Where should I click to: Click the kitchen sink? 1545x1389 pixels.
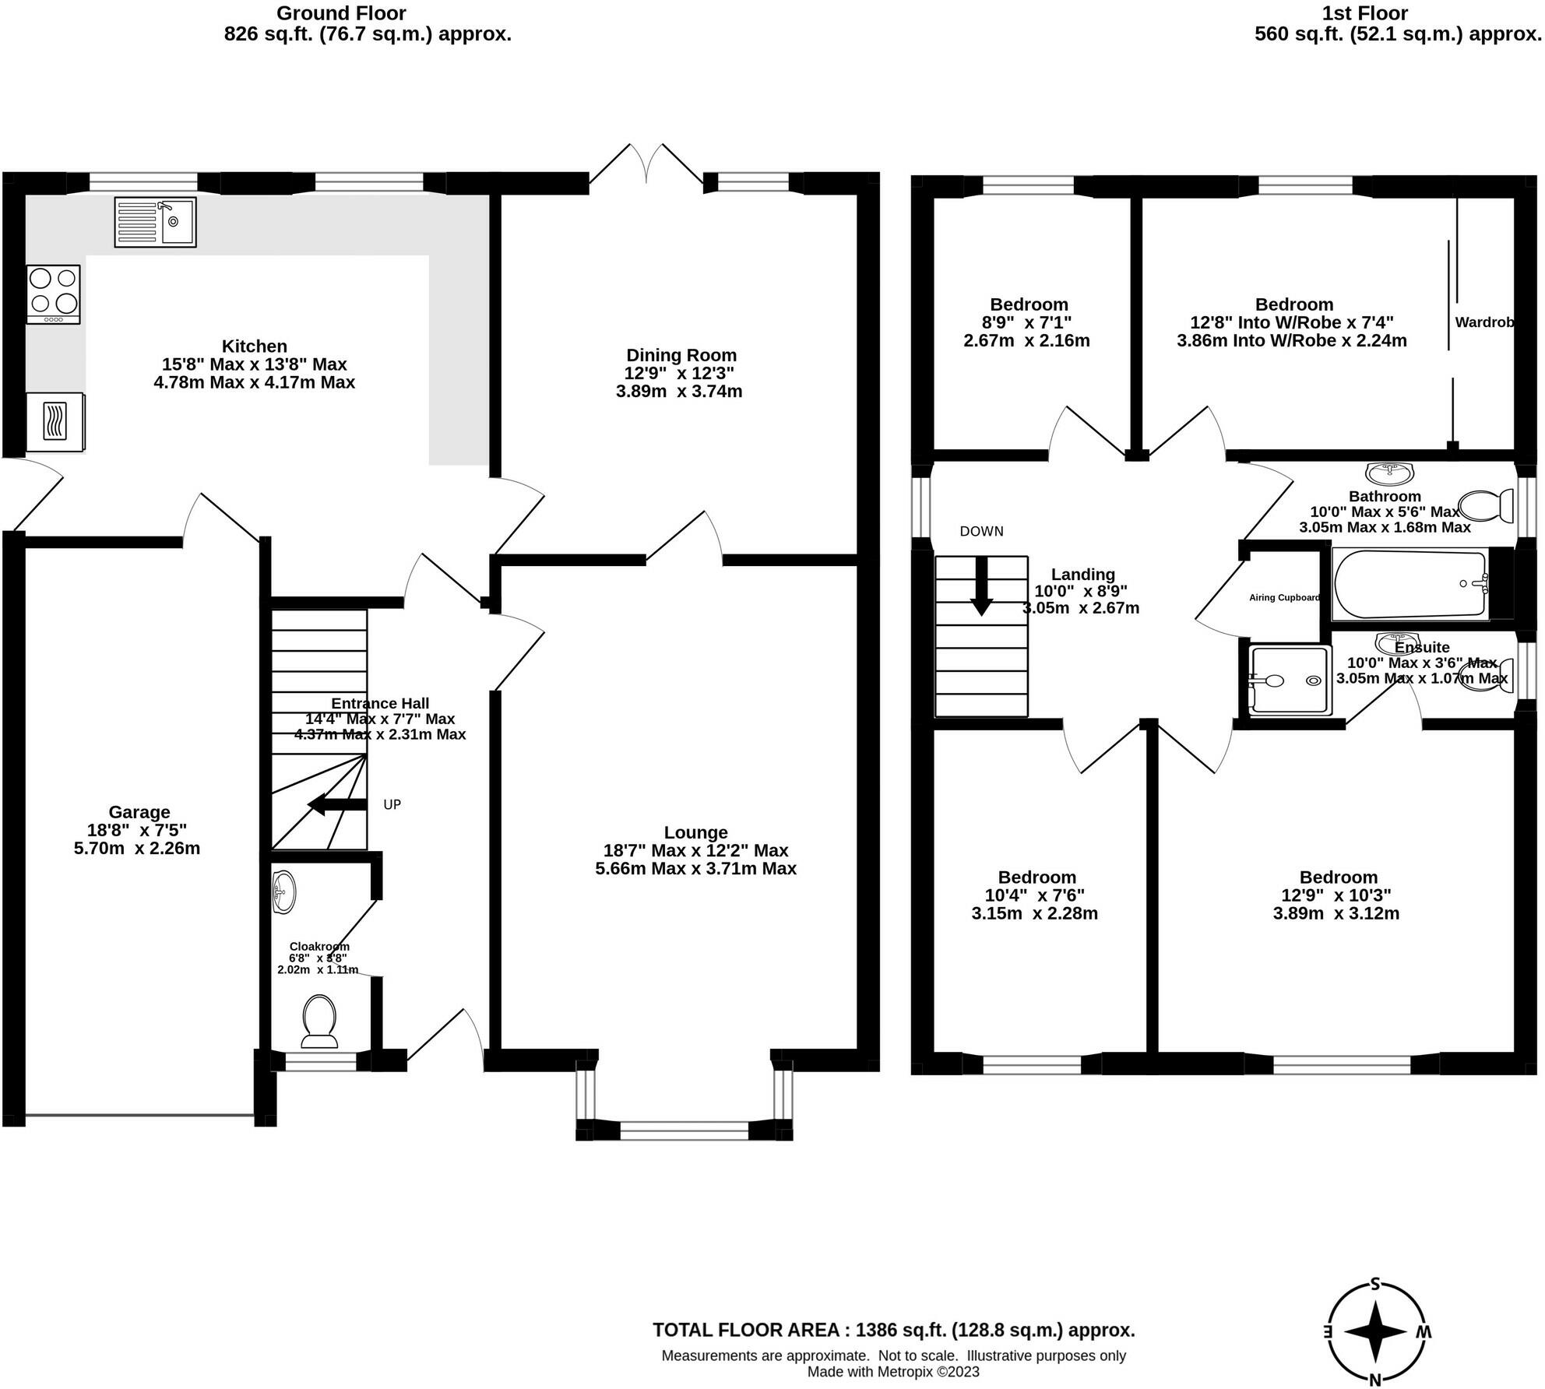(x=155, y=222)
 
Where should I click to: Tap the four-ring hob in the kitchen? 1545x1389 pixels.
(x=53, y=294)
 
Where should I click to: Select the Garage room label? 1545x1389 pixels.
(x=139, y=813)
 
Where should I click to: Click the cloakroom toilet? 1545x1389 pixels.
(x=319, y=1021)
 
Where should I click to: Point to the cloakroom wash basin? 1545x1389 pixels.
(x=284, y=891)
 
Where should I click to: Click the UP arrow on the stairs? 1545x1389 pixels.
(x=337, y=804)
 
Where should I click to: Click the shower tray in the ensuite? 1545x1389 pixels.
(x=1289, y=680)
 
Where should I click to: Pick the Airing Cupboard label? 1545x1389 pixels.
(x=1284, y=598)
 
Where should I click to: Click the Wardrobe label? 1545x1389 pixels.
(x=1484, y=322)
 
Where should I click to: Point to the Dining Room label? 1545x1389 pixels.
(x=681, y=356)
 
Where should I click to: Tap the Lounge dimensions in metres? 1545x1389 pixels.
(x=695, y=869)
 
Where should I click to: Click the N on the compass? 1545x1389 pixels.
(x=1374, y=1380)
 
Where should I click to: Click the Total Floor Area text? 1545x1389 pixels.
(x=893, y=1330)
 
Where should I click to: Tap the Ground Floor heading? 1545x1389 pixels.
(x=341, y=13)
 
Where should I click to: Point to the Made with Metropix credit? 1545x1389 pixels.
(x=893, y=1372)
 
